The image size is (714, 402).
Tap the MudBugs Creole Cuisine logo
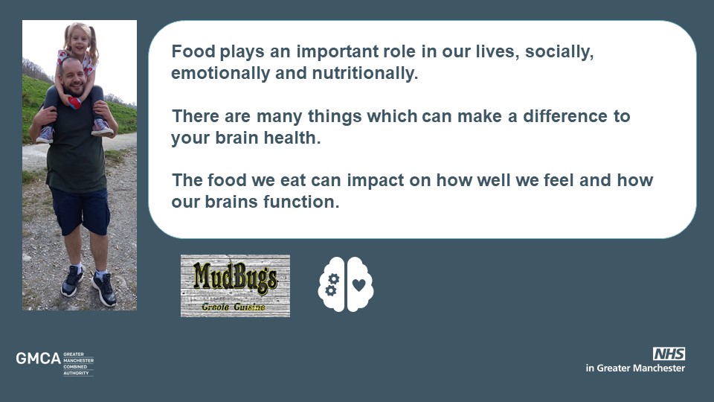pyautogui.click(x=235, y=285)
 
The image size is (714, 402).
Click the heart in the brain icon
pyautogui.click(x=359, y=284)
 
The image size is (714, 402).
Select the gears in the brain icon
pyautogui.click(x=332, y=284)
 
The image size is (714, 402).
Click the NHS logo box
pyautogui.click(x=669, y=354)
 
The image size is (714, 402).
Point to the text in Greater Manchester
pyautogui.click(x=635, y=368)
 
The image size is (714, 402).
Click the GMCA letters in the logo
pyautogui.click(x=38, y=359)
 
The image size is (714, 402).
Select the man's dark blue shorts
pyautogui.click(x=80, y=210)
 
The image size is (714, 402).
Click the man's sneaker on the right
pyautogui.click(x=104, y=288)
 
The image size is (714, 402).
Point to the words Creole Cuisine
pyautogui.click(x=234, y=306)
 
